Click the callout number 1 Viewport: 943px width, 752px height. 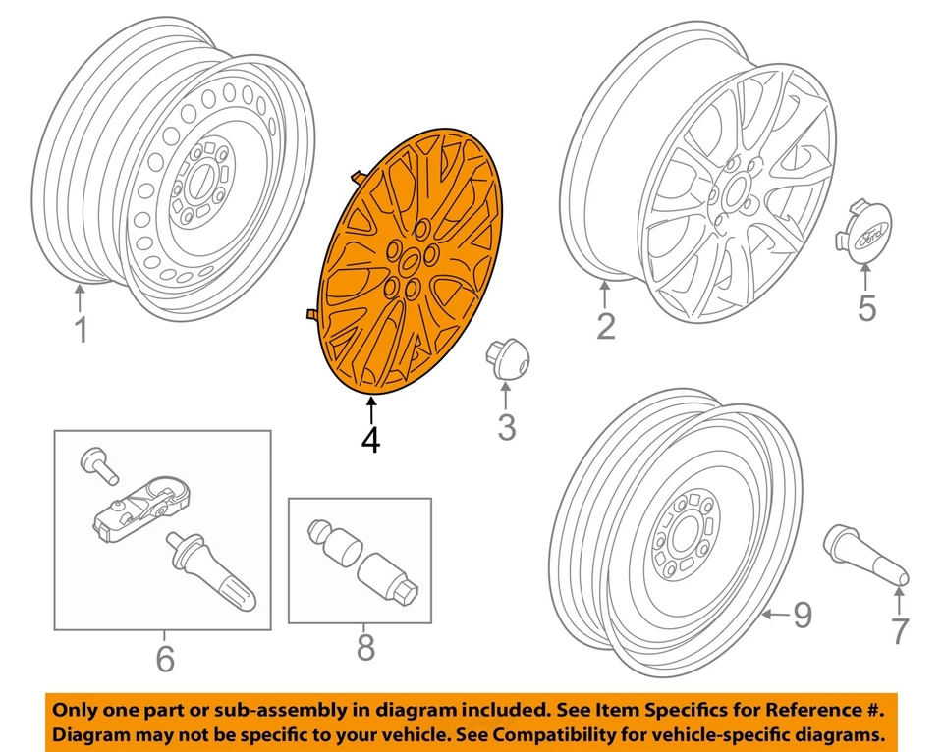(82, 329)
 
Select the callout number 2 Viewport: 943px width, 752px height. (606, 325)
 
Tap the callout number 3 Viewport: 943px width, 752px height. (505, 427)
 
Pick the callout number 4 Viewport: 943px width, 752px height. (370, 440)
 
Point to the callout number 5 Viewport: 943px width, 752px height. (866, 307)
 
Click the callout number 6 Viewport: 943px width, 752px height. (164, 659)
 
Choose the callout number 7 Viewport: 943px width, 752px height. (900, 631)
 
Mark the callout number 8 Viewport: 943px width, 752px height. (364, 647)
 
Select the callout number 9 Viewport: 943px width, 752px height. (803, 616)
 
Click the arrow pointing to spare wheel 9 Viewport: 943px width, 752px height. (775, 616)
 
